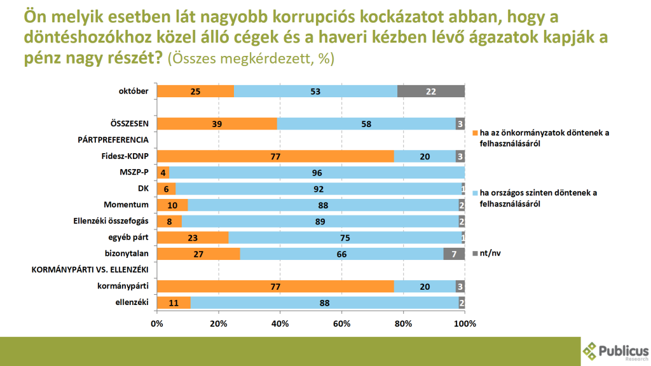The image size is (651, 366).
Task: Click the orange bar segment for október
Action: (x=195, y=91)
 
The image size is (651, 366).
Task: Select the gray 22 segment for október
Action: (x=431, y=91)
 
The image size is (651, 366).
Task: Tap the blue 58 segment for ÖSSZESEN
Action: (x=366, y=124)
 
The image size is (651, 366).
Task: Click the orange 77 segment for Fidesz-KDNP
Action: (x=275, y=156)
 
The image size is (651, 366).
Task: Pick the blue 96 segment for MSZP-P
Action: (x=317, y=173)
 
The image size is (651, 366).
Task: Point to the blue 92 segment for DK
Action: (x=319, y=189)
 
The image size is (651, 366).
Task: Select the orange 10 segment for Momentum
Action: (x=172, y=205)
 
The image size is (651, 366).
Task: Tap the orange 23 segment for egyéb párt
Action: (x=193, y=238)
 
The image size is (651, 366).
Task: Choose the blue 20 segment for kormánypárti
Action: (x=425, y=287)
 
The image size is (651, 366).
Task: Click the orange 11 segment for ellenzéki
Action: (x=174, y=302)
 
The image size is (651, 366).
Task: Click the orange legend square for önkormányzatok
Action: (x=474, y=133)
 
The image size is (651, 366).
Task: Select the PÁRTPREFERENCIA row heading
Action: (x=113, y=140)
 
